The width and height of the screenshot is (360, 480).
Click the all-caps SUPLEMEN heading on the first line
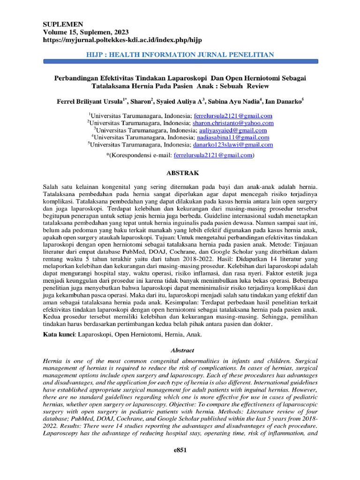coord(63,24)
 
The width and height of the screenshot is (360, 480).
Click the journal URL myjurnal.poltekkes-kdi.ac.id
coord(122,40)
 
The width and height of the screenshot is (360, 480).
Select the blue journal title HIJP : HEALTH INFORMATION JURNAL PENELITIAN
coord(180,55)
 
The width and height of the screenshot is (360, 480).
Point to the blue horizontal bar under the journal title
coord(180,61)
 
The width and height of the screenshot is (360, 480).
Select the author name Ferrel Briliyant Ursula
coord(89,101)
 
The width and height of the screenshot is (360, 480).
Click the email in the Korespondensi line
coord(213,155)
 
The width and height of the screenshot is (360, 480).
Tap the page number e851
coord(180,450)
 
